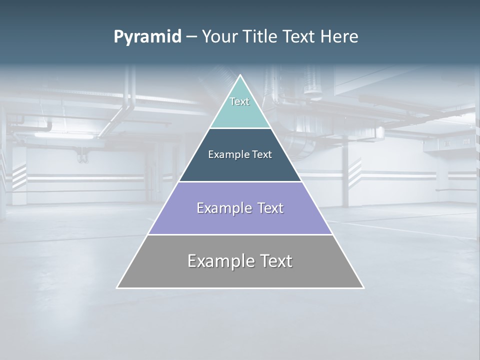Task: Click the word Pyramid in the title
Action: click(x=147, y=37)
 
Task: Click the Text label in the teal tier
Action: click(x=239, y=101)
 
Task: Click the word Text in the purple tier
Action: click(x=270, y=208)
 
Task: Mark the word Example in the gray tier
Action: click(x=219, y=261)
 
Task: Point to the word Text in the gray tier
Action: click(x=275, y=261)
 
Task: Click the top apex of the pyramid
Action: click(x=240, y=76)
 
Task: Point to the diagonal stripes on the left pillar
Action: click(x=19, y=175)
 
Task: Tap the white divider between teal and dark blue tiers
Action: click(x=240, y=128)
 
